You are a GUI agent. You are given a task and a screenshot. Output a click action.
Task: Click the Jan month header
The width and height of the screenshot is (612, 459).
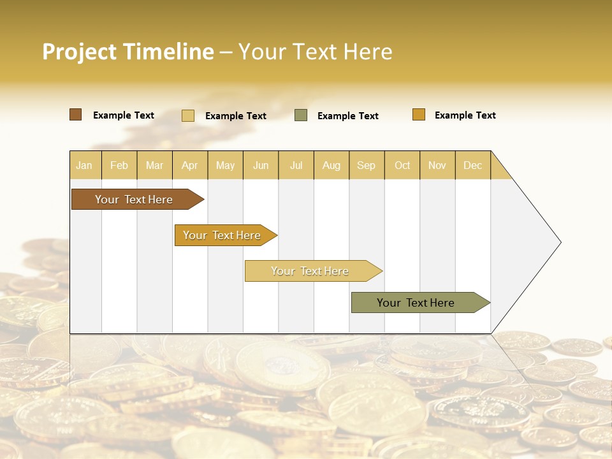[x=85, y=165]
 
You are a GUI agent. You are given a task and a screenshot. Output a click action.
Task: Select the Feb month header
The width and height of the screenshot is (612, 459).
[x=119, y=165]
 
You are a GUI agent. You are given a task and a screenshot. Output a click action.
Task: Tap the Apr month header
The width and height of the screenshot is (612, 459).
[x=190, y=165]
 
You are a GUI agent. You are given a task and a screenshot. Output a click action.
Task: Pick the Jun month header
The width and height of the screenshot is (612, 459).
[x=261, y=165]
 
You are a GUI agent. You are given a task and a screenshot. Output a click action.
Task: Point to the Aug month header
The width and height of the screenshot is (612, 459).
[x=331, y=165]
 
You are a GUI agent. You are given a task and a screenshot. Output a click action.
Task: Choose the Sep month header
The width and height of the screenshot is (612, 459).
[x=367, y=165]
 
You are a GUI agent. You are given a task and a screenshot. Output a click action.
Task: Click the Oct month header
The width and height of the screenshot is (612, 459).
[x=402, y=165]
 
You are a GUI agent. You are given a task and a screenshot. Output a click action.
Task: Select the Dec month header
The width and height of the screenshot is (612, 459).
[x=473, y=165]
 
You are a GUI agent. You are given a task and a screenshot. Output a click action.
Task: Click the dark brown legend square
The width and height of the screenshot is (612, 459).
[x=76, y=115]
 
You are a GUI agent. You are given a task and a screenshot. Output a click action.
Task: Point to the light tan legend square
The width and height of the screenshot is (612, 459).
[x=188, y=115]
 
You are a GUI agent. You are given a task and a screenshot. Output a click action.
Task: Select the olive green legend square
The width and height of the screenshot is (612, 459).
[x=301, y=115]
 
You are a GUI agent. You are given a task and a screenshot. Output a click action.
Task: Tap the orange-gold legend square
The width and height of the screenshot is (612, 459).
[x=419, y=115]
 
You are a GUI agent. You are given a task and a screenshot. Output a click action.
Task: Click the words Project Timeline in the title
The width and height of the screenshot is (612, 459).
[x=128, y=52]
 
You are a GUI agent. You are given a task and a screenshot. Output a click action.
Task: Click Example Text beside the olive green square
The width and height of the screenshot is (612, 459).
[x=348, y=115]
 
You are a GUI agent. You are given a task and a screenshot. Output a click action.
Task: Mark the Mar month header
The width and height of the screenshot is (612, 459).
[x=154, y=165]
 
